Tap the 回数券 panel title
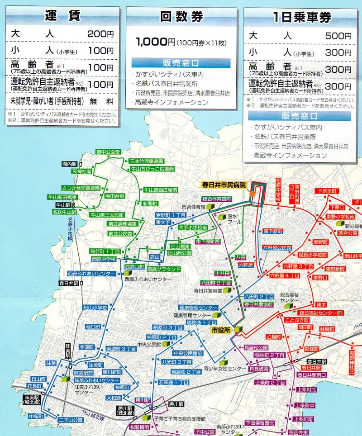(x=181, y=17)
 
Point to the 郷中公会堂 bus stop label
(x=107, y=152)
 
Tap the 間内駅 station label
(x=71, y=164)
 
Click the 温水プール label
(x=233, y=219)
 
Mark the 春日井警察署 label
(x=207, y=291)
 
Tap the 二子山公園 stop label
(x=71, y=420)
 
